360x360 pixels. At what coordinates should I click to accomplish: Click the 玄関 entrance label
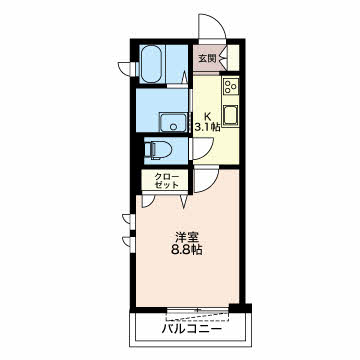tap(207, 59)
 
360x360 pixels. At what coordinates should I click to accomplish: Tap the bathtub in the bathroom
tap(152, 64)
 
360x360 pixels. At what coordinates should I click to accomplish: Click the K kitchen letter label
tap(207, 117)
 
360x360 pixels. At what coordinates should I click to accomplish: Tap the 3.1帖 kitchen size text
tap(207, 127)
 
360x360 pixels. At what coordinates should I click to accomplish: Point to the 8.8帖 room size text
tap(187, 250)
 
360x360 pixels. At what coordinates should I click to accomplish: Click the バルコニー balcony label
tap(192, 329)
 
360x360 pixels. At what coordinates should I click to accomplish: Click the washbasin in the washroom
tap(173, 122)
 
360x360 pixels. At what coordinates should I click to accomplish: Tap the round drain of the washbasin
tap(173, 126)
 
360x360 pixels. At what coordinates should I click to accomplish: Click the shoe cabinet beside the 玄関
tap(233, 58)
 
